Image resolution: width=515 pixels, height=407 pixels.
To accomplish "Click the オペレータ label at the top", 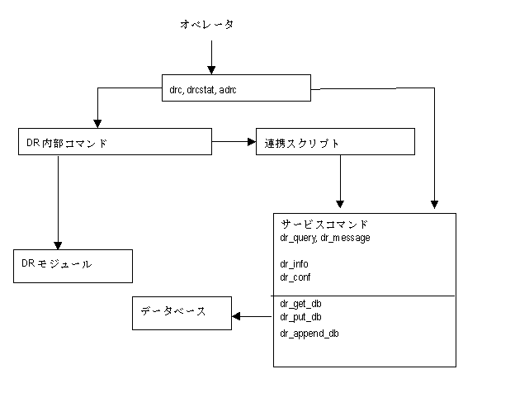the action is tap(207, 24).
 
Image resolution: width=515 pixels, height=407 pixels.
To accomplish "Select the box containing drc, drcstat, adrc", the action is tap(236, 88).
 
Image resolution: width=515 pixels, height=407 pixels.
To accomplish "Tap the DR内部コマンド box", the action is tap(115, 141).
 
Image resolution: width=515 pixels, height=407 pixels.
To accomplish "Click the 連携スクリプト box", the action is tap(335, 141).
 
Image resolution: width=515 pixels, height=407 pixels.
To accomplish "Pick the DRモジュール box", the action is tap(73, 266).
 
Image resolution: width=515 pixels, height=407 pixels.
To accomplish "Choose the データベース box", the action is tap(182, 313).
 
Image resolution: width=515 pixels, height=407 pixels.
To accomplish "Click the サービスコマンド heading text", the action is tap(324, 225).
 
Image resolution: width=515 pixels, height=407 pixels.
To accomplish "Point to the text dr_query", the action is tap(299, 238).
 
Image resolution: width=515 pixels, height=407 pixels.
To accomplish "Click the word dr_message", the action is tap(346, 238).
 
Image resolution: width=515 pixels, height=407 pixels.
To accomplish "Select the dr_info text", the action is tap(294, 264).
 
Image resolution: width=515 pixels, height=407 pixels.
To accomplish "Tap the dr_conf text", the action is tap(295, 277).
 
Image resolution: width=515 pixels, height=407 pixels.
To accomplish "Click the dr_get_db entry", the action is tap(300, 304).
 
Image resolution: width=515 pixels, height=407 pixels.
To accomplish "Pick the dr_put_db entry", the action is tap(300, 317).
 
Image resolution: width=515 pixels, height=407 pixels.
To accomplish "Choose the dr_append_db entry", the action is tap(309, 334).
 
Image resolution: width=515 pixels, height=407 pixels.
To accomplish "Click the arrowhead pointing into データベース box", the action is tap(236, 316).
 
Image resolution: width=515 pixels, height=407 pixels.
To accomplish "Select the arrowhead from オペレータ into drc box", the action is tap(211, 70).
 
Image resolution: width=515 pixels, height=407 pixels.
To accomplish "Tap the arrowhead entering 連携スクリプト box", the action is tap(252, 141).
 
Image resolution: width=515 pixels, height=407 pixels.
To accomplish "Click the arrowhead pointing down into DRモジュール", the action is tap(58, 245).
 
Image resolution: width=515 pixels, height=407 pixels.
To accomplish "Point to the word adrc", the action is tap(228, 90).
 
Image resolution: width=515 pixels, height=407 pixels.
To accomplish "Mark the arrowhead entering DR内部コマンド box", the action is tap(97, 124).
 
